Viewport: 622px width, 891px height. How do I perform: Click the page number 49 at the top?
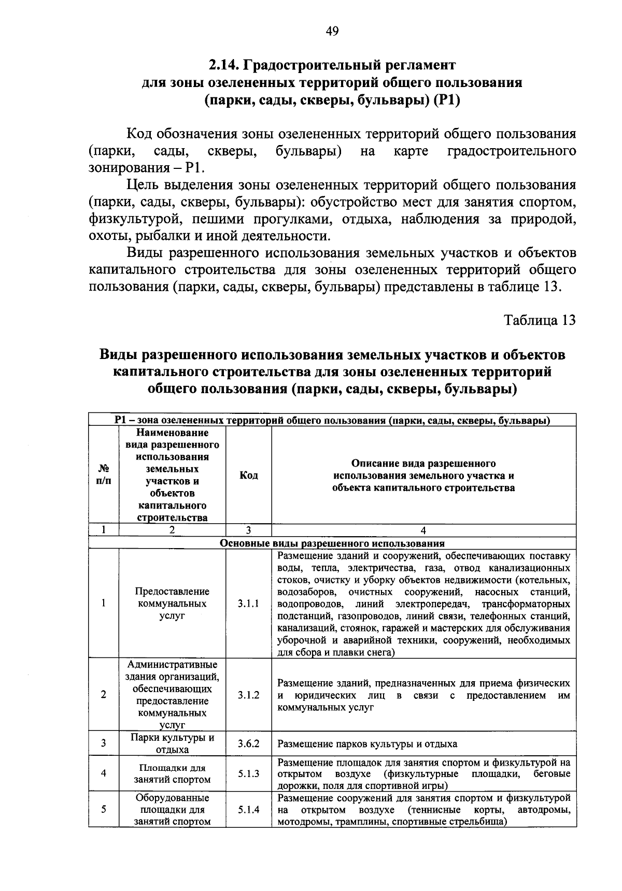[332, 32]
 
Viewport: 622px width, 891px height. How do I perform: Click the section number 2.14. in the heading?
[223, 65]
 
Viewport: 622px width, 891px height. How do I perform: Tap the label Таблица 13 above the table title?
[540, 320]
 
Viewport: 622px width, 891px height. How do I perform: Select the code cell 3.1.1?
[249, 603]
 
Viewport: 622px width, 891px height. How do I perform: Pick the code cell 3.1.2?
[249, 695]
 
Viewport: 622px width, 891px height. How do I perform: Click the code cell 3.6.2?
[249, 744]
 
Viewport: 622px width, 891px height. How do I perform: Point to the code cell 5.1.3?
[249, 773]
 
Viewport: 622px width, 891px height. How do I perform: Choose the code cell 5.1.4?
[249, 810]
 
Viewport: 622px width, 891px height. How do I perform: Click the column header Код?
[249, 475]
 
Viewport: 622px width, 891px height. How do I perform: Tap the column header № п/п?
[104, 475]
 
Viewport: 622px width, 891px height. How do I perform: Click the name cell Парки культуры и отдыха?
[173, 744]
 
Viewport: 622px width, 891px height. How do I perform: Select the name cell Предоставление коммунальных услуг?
[173, 603]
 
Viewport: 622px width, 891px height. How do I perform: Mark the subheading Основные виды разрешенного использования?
[332, 543]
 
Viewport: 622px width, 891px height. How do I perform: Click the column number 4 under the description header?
[423, 530]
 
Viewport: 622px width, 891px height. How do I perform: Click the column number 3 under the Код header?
[249, 530]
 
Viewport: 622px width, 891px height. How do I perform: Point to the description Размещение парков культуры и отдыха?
[367, 744]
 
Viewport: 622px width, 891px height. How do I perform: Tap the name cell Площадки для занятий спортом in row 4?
[173, 774]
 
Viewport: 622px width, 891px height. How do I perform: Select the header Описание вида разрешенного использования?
[423, 475]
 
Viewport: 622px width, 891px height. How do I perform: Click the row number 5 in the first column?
[104, 810]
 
